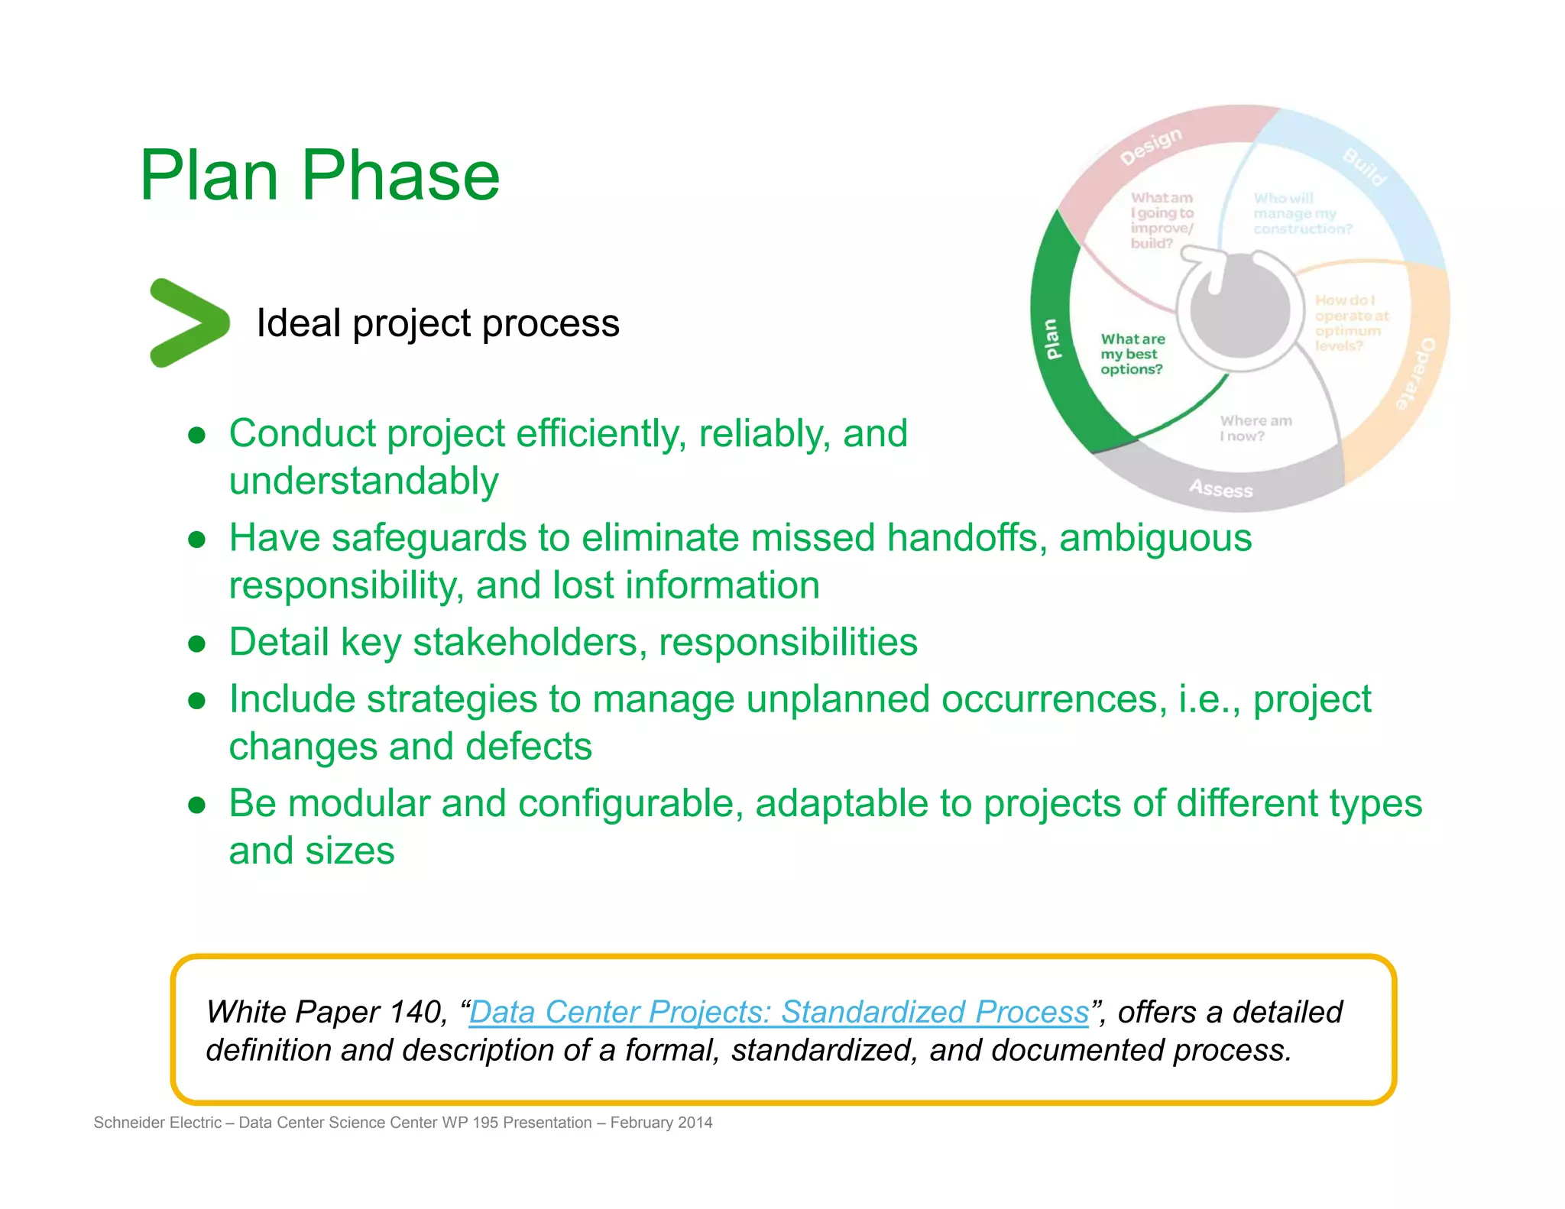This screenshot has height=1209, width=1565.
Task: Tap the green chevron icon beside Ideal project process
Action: [188, 323]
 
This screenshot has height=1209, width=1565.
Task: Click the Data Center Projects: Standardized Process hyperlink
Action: [779, 1012]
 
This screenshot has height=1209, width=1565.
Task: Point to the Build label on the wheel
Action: [1364, 167]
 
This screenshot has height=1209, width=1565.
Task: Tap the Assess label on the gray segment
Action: [1220, 488]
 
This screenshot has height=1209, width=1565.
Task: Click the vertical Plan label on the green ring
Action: [1052, 339]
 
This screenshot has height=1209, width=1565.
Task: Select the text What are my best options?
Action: [1132, 354]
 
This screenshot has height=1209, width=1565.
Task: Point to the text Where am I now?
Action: [1255, 429]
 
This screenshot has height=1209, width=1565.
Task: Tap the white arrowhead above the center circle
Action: [1211, 264]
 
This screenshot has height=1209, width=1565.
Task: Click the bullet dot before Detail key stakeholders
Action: [197, 643]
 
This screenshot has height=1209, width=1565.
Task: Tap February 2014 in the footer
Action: [661, 1123]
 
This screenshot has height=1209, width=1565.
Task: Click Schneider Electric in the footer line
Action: [157, 1123]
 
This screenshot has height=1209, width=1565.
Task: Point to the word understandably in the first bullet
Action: [364, 481]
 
